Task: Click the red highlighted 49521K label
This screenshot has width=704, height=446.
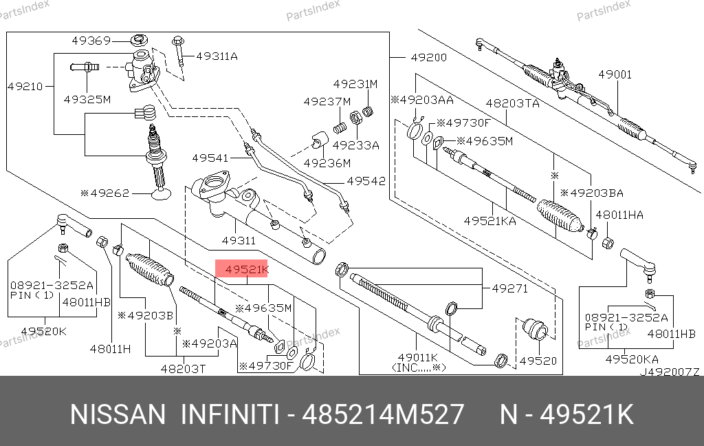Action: pyautogui.click(x=242, y=270)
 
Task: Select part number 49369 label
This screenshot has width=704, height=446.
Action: pyautogui.click(x=91, y=41)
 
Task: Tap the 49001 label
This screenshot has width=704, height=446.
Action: pyautogui.click(x=614, y=74)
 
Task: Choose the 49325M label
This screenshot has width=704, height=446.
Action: pyautogui.click(x=87, y=99)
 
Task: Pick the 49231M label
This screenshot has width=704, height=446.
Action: pyautogui.click(x=355, y=84)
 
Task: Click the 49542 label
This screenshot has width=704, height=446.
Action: pyautogui.click(x=366, y=181)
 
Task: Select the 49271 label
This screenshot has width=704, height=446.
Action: pyautogui.click(x=509, y=289)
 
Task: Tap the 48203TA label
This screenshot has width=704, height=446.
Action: pyautogui.click(x=512, y=103)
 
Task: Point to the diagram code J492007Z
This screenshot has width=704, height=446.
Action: pyautogui.click(x=670, y=372)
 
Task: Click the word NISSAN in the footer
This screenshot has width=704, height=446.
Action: pyautogui.click(x=118, y=415)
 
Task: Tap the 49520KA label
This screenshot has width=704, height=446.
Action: pyautogui.click(x=631, y=359)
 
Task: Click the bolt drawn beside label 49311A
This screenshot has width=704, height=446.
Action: pyautogui.click(x=179, y=52)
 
